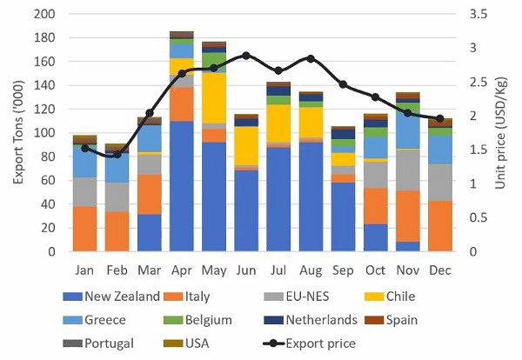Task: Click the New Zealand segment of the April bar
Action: pyautogui.click(x=181, y=186)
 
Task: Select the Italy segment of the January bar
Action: pyautogui.click(x=84, y=229)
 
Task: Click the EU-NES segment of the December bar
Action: pyautogui.click(x=439, y=183)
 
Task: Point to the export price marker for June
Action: pyautogui.click(x=245, y=56)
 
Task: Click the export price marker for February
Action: pyautogui.click(x=117, y=155)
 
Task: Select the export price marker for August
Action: pyautogui.click(x=310, y=58)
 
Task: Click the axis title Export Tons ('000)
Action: pyautogui.click(x=16, y=131)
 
